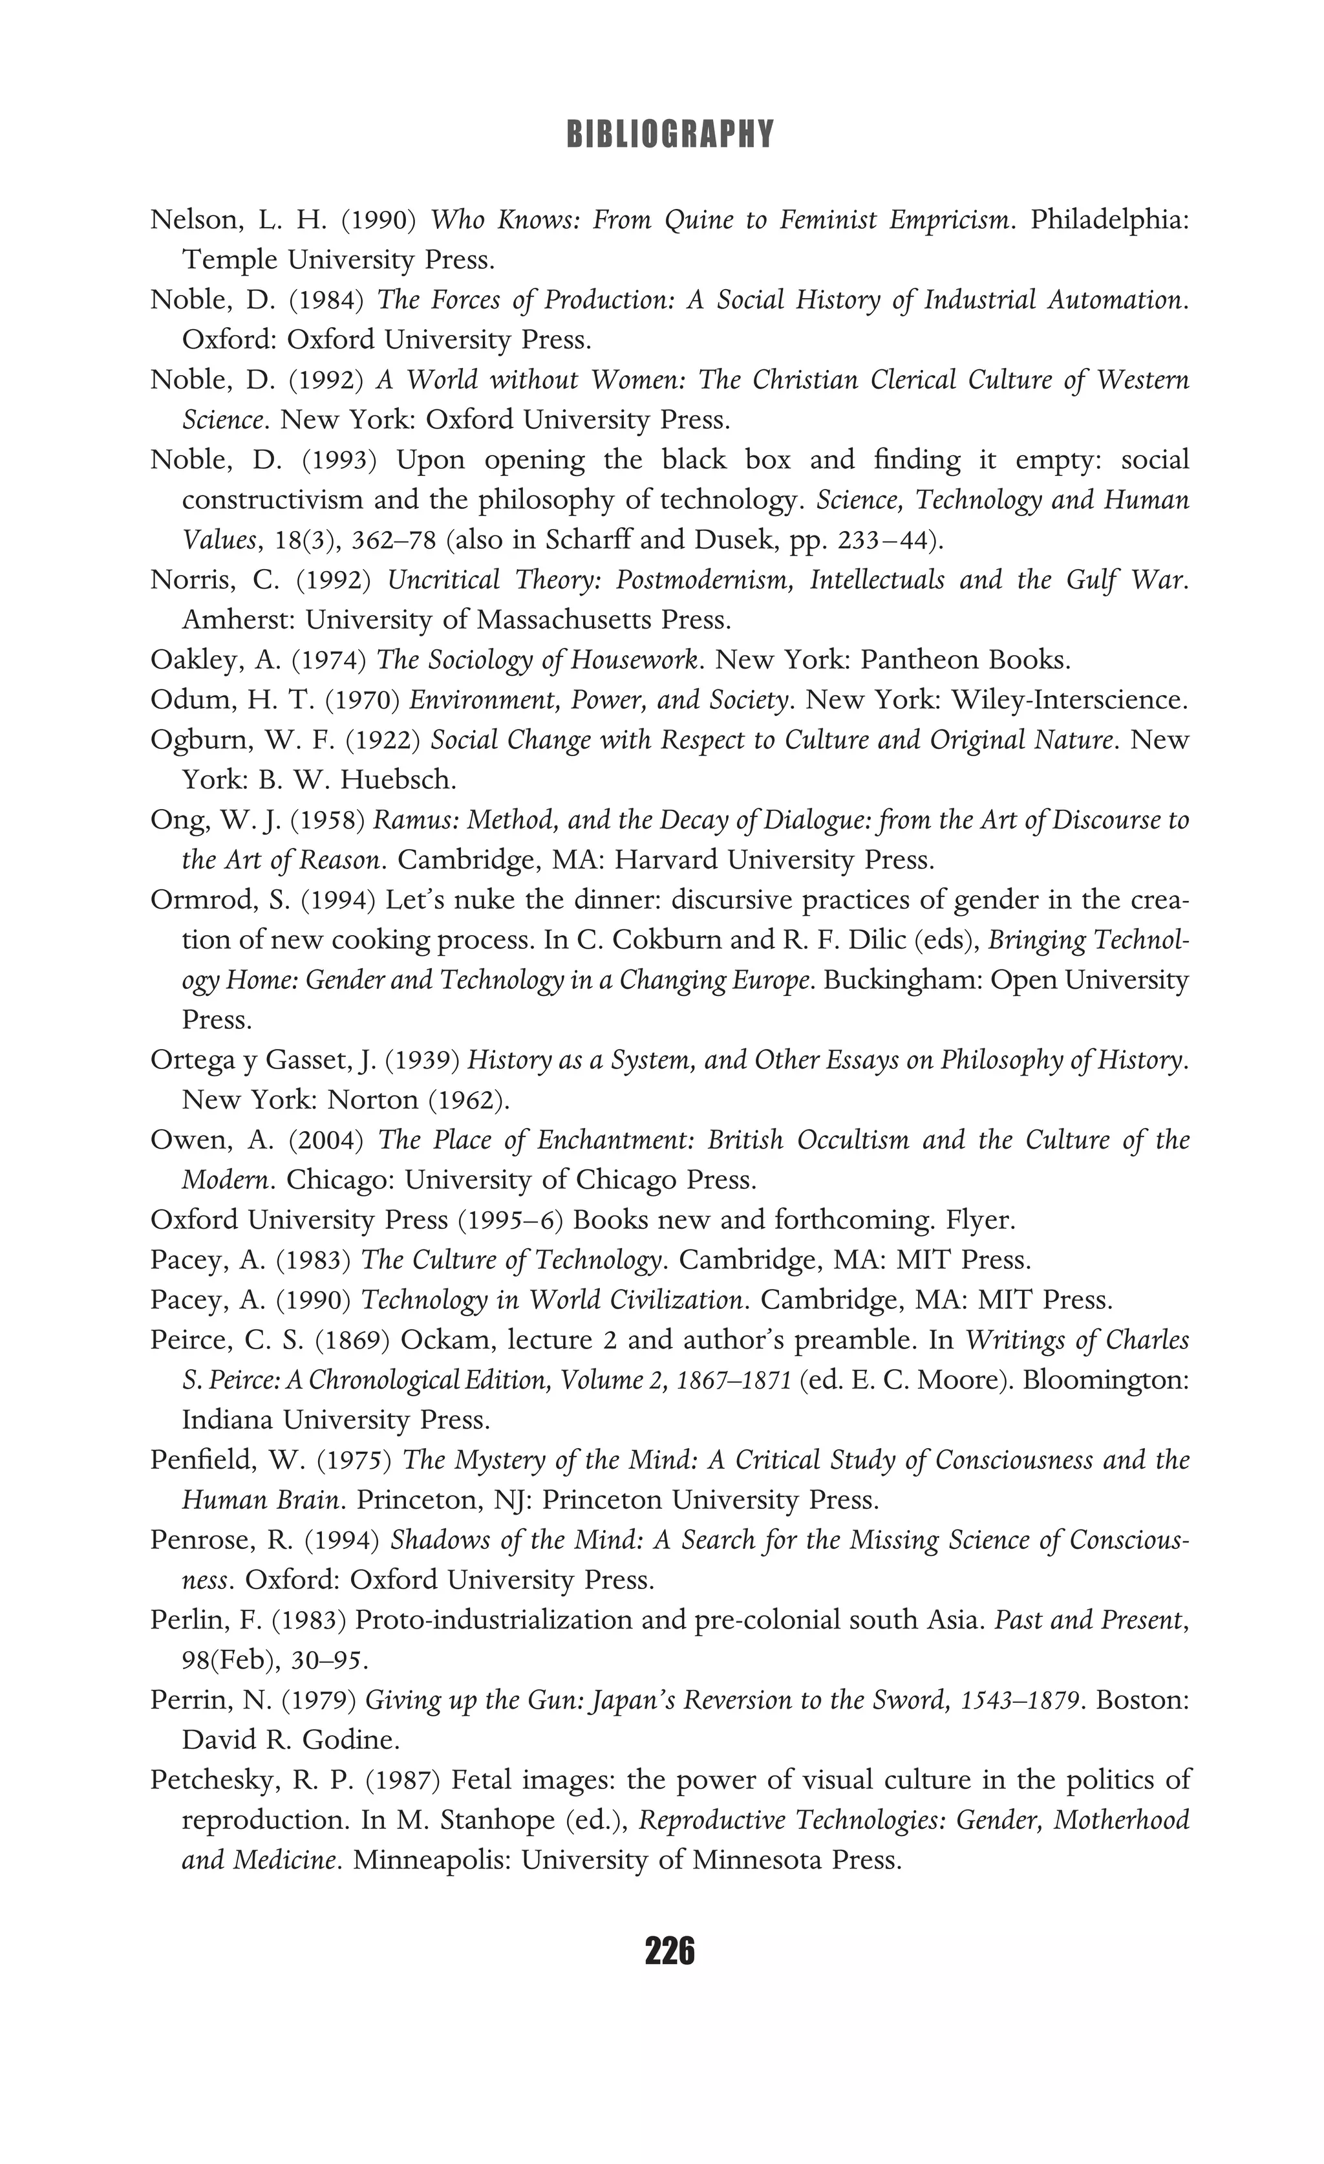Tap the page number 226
(669, 1951)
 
